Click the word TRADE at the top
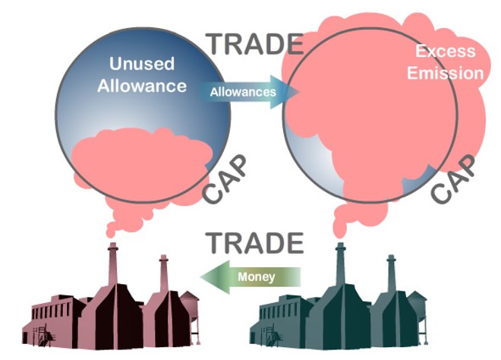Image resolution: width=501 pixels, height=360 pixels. (254, 44)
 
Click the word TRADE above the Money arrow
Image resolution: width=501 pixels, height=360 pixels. (254, 243)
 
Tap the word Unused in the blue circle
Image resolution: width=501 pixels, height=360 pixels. (142, 63)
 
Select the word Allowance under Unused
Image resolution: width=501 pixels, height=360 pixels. (142, 86)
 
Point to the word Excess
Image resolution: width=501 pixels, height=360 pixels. (446, 51)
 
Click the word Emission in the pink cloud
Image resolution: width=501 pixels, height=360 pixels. (446, 73)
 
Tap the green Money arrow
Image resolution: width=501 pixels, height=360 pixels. (250, 277)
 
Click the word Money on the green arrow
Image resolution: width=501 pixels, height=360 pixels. (257, 276)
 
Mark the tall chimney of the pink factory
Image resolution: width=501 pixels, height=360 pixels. (113, 265)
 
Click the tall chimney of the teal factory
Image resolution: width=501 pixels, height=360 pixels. (341, 265)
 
